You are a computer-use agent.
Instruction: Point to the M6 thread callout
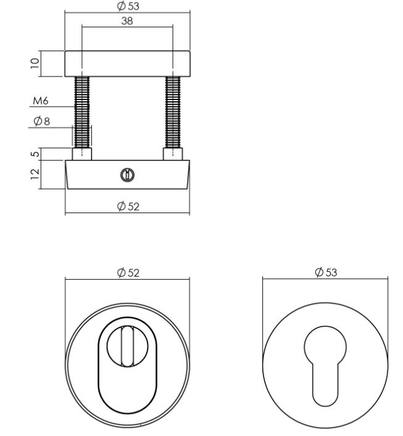(41, 101)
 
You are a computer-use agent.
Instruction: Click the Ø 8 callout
(43, 121)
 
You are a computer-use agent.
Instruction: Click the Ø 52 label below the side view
(128, 206)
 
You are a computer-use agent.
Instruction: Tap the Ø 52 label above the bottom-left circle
(128, 272)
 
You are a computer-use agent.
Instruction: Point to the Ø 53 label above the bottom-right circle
(325, 272)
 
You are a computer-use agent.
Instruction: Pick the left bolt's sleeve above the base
(82, 154)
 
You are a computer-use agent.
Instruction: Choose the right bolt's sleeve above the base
(172, 154)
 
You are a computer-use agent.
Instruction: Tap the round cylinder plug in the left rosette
(125, 346)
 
